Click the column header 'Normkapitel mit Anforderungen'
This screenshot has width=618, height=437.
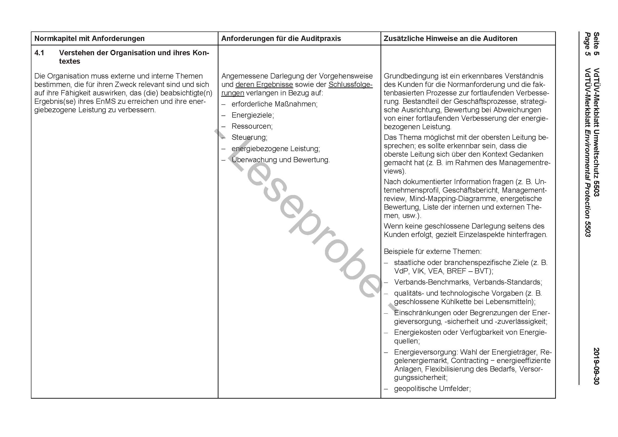click(89, 39)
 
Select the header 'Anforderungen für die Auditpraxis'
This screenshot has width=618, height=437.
click(281, 39)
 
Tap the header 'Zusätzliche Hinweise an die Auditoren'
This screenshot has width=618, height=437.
click(450, 39)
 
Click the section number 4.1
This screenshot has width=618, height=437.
click(39, 53)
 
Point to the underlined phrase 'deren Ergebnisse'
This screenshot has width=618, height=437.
click(264, 85)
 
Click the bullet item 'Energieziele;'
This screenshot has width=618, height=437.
click(253, 115)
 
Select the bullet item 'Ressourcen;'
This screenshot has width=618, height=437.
click(252, 126)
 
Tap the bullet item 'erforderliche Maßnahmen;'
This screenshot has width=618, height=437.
click(274, 104)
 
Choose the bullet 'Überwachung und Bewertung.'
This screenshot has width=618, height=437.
click(281, 160)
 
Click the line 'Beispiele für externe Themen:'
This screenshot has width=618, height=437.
click(433, 252)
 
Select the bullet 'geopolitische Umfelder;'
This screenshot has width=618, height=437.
click(432, 389)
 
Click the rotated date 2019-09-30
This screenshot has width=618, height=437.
click(596, 366)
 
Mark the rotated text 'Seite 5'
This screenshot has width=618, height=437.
click(596, 44)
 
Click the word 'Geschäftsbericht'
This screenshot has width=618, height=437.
click(470, 190)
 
